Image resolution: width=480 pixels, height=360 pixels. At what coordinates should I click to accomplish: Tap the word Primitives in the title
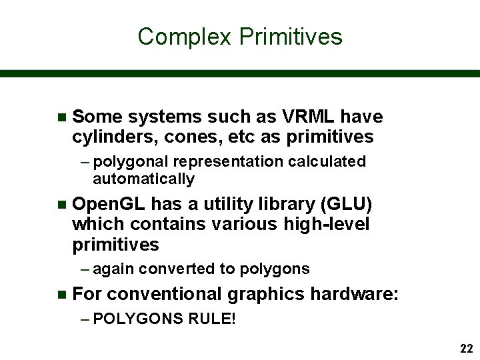(x=290, y=37)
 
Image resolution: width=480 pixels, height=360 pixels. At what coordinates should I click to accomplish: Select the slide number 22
(x=466, y=349)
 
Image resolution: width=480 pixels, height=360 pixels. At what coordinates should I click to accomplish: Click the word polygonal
(x=131, y=162)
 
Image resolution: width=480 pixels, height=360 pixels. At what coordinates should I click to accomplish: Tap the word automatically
(x=143, y=179)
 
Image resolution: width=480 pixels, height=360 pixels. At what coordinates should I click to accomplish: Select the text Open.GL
(x=109, y=204)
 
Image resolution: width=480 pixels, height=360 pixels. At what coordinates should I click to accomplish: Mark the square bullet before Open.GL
(x=62, y=204)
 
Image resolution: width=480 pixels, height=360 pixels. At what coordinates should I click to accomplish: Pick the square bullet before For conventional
(x=62, y=294)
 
